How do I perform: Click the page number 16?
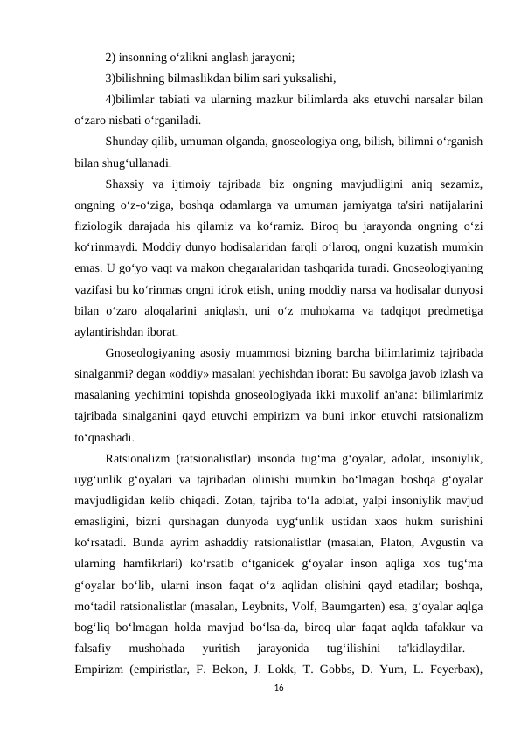279,690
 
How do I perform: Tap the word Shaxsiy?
127,184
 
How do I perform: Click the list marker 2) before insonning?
110,59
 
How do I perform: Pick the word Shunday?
127,142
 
